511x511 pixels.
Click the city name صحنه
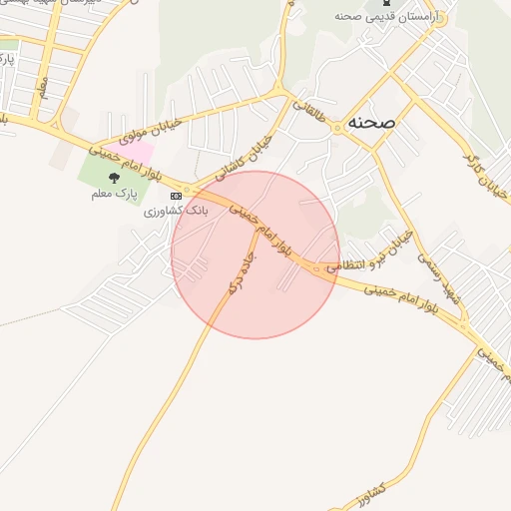pos(371,122)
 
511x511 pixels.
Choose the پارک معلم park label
pos(111,192)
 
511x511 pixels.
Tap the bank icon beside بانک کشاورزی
pos(177,195)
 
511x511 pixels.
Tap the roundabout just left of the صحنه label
pos(337,127)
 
